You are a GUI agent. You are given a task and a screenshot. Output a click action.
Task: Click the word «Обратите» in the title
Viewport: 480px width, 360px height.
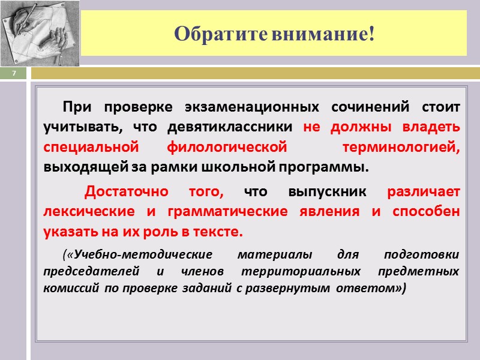coord(221,34)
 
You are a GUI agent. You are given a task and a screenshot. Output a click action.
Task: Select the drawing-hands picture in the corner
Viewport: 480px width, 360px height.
coord(40,33)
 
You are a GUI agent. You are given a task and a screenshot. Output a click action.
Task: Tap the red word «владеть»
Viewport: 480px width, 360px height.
coord(433,127)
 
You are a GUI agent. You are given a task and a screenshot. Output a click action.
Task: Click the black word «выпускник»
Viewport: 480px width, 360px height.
coord(327,192)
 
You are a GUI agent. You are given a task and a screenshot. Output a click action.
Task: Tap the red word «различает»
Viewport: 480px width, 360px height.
coord(424,192)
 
